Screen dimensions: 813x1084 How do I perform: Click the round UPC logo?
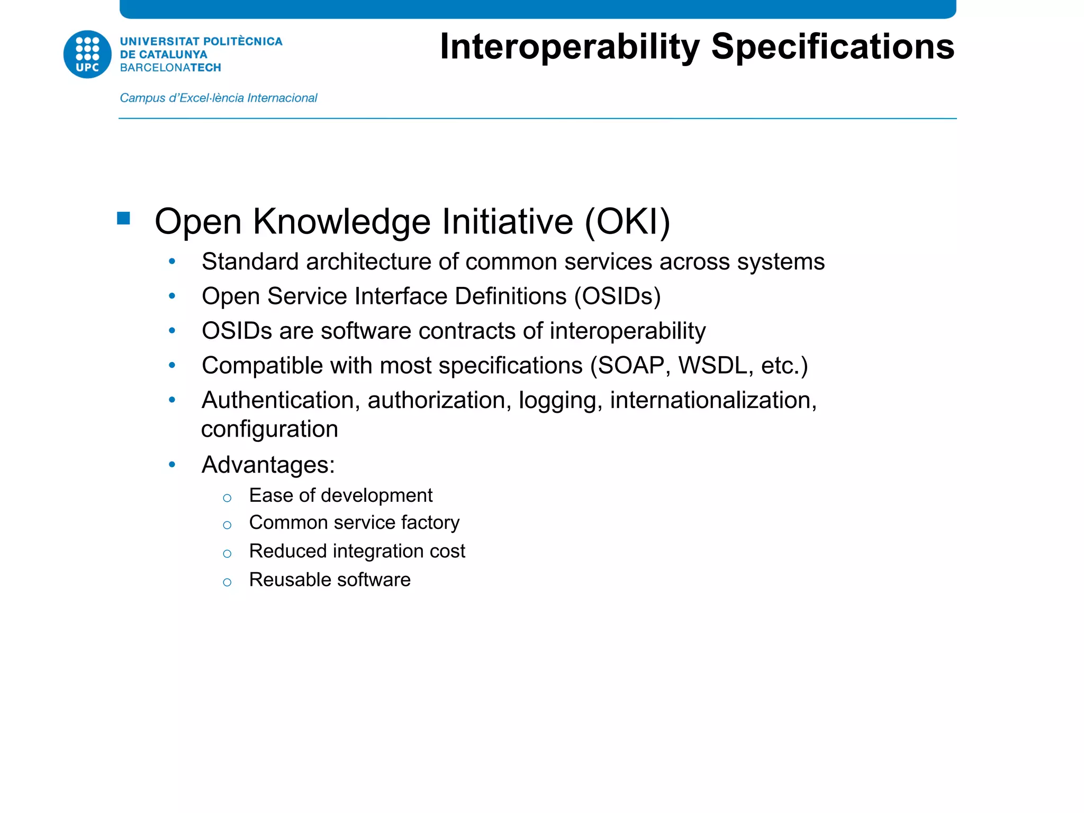point(87,55)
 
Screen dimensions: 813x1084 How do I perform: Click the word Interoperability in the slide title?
point(570,48)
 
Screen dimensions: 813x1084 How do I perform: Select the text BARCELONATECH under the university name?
point(170,68)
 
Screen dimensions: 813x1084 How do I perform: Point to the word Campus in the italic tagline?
point(142,98)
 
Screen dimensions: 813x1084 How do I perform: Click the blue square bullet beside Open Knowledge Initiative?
point(124,218)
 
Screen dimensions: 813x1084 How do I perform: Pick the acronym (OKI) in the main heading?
point(627,221)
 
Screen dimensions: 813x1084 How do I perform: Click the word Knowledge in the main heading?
point(342,221)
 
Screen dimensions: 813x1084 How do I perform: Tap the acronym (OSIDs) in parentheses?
point(618,296)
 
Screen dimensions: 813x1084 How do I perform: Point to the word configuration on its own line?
point(269,429)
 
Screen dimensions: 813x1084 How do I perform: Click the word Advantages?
point(268,465)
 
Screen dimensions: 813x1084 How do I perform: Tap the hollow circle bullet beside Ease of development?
point(227,498)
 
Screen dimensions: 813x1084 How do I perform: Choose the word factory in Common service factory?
point(430,523)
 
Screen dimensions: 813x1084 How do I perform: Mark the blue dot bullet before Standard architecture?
point(172,261)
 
